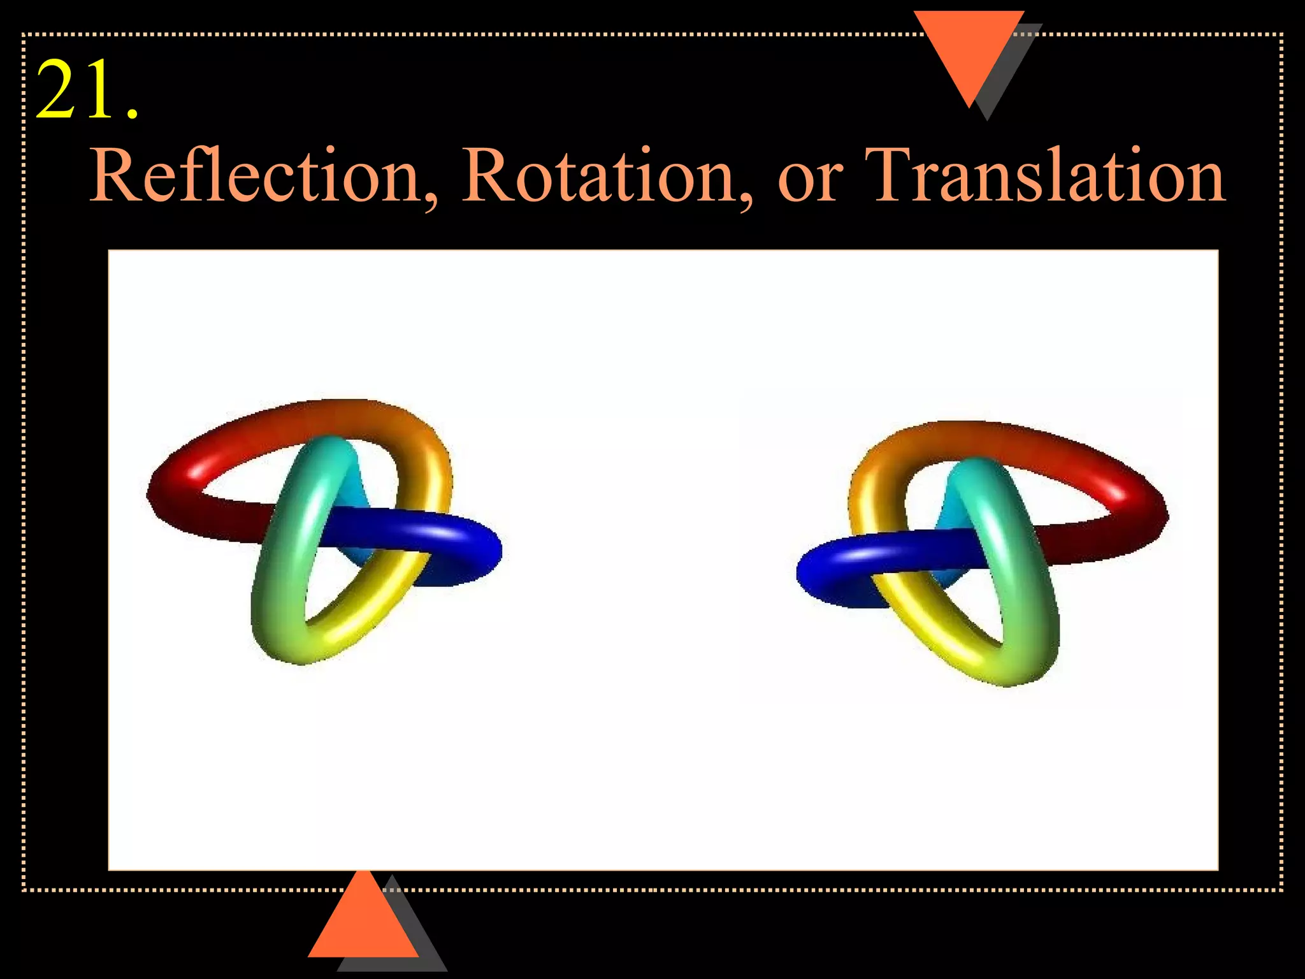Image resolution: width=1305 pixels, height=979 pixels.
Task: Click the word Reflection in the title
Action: [x=255, y=175]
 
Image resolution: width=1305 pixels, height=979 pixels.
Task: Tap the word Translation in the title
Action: [x=1045, y=175]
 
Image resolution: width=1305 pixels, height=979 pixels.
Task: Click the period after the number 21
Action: [x=132, y=115]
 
